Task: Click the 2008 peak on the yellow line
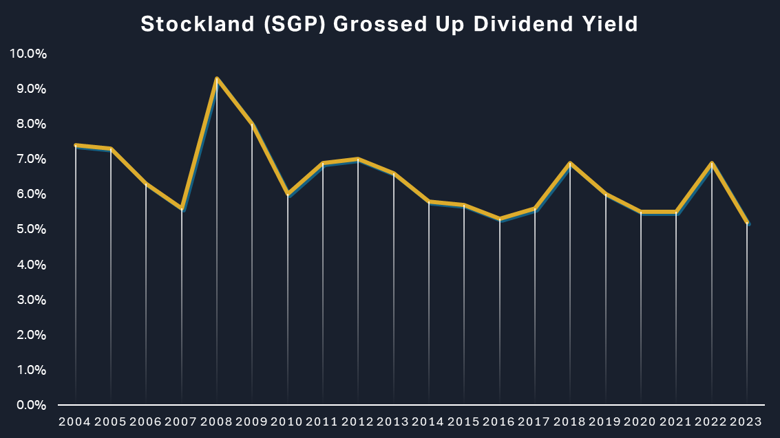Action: click(x=217, y=78)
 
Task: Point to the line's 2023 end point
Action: click(x=748, y=223)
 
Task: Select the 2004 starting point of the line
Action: click(x=75, y=145)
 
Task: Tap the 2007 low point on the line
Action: click(x=182, y=208)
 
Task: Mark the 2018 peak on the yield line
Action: click(x=571, y=163)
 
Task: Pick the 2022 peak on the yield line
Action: click(x=713, y=163)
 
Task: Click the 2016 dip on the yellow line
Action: click(x=500, y=219)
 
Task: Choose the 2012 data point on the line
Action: click(x=358, y=159)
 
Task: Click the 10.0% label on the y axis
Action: click(x=28, y=54)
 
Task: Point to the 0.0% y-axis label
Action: click(x=30, y=405)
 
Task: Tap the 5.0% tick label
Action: click(x=30, y=230)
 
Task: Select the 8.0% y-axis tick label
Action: click(x=30, y=124)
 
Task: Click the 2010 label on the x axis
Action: click(x=287, y=421)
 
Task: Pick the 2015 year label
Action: click(x=464, y=421)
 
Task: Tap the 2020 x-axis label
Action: click(x=641, y=421)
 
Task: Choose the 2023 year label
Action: click(x=747, y=421)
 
